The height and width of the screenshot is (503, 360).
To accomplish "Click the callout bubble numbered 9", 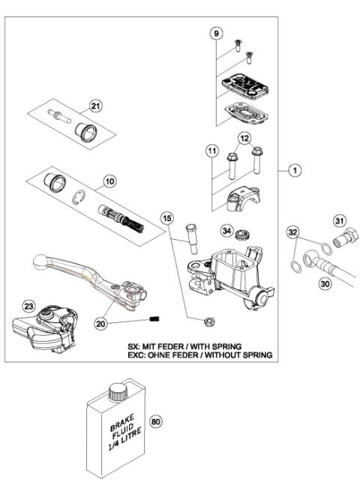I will [x=217, y=34].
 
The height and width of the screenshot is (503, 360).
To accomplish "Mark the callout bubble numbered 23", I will [x=28, y=306].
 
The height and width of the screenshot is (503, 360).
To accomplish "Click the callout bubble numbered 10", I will [x=109, y=181].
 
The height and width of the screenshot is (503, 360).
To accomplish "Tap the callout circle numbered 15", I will [x=167, y=217].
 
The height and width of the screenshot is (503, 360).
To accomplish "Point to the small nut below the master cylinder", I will [x=208, y=323].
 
